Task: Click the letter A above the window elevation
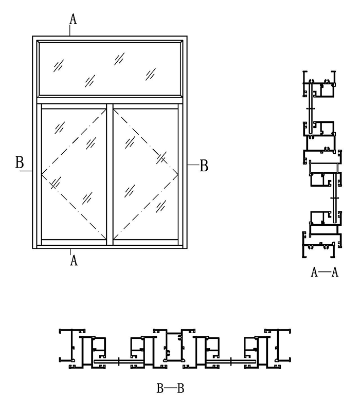coord(73,19)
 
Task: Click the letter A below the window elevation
coord(74,261)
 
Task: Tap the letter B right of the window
coord(204,166)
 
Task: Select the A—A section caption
coord(325,273)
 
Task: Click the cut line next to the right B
coord(191,164)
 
